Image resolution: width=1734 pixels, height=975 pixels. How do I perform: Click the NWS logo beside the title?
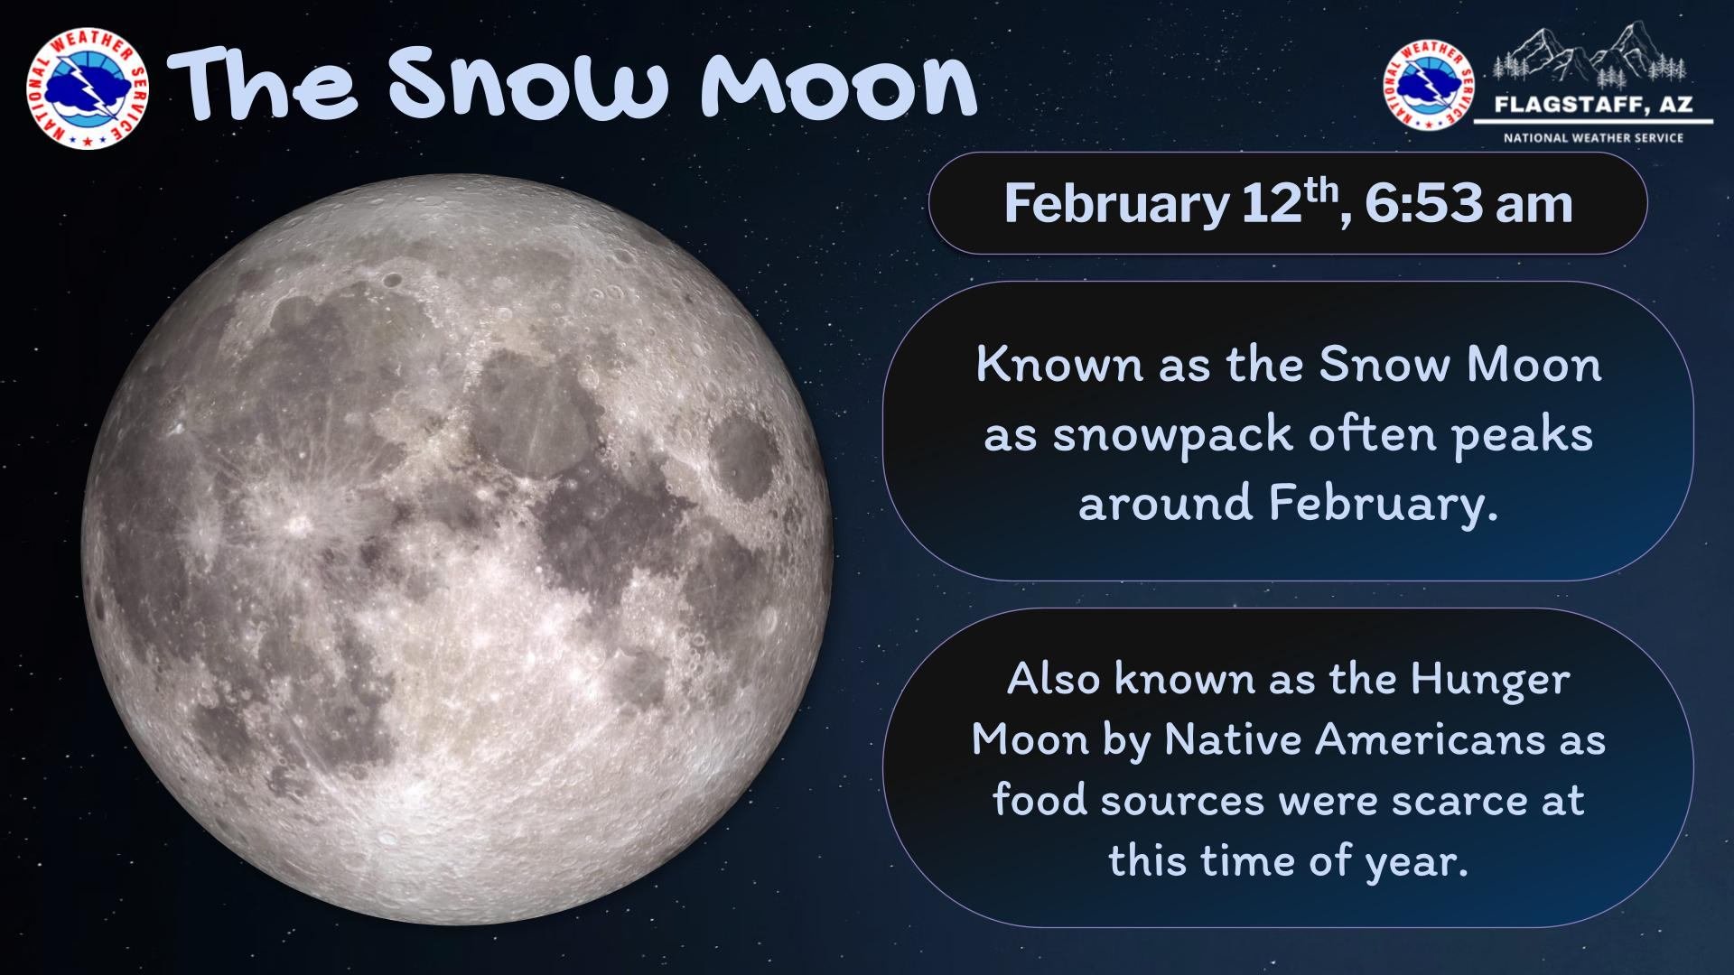(88, 88)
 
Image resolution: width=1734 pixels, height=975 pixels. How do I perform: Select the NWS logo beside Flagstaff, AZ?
(1428, 87)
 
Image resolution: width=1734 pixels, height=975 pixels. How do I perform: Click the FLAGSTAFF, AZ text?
(1592, 106)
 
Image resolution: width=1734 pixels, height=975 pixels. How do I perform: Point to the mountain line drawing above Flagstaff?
(1589, 54)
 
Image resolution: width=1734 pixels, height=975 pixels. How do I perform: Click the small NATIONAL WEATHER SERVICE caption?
(1593, 138)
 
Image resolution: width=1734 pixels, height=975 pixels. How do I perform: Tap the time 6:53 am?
(1468, 204)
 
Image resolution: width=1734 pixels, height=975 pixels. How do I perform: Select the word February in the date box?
(1116, 204)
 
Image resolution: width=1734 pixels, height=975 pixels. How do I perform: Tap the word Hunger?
(1490, 680)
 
